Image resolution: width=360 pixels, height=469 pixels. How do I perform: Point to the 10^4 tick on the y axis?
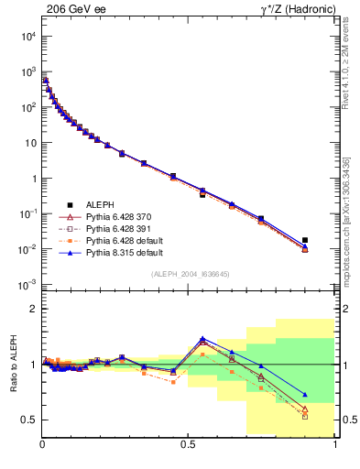28,36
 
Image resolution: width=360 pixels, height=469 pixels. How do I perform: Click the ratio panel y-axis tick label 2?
34,309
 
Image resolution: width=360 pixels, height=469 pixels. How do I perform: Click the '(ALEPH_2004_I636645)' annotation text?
189,273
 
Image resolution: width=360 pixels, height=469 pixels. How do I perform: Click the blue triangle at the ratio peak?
202,338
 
